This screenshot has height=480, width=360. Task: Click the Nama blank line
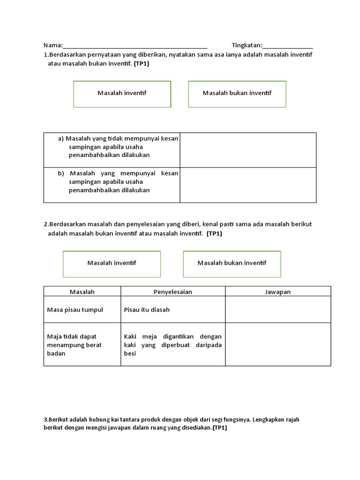point(135,46)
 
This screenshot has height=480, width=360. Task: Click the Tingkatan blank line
point(288,46)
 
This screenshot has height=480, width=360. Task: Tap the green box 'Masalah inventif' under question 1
point(122,93)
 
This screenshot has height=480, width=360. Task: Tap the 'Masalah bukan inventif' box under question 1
point(237,93)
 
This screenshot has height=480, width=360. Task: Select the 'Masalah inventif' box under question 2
point(112,263)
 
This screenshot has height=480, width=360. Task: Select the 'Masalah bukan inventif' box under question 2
point(232,263)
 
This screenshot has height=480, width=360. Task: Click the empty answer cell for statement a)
point(248,150)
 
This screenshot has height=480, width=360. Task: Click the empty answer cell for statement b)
point(248,185)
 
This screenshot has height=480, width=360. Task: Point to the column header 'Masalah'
point(82,292)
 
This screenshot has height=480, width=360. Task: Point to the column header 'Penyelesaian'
point(173,292)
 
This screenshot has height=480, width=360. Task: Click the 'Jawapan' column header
point(278,292)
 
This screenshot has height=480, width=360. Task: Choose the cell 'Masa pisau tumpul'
point(75,310)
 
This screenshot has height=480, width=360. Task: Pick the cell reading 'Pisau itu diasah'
point(147,310)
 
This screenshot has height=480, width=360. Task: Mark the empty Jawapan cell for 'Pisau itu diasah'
point(278,310)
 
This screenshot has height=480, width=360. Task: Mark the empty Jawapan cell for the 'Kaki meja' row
point(278,345)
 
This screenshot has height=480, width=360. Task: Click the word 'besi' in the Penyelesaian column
point(130,354)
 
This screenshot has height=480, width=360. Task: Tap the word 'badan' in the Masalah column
point(56,354)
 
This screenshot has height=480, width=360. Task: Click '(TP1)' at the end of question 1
point(141,64)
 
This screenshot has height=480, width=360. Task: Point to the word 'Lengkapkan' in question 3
point(268,420)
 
